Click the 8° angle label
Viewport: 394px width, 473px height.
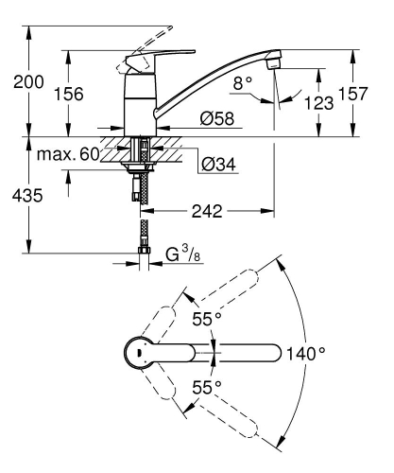tap(244, 83)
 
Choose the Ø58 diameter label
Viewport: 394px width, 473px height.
tap(217, 119)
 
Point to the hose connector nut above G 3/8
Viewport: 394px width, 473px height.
tap(144, 247)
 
